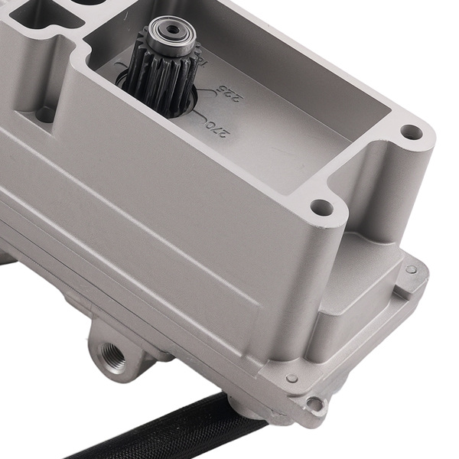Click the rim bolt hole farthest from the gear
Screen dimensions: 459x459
tap(412, 132)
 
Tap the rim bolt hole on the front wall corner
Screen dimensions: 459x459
tap(322, 207)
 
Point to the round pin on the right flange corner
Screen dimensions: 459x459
tap(412, 269)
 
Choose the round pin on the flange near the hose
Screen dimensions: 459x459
tap(291, 378)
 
